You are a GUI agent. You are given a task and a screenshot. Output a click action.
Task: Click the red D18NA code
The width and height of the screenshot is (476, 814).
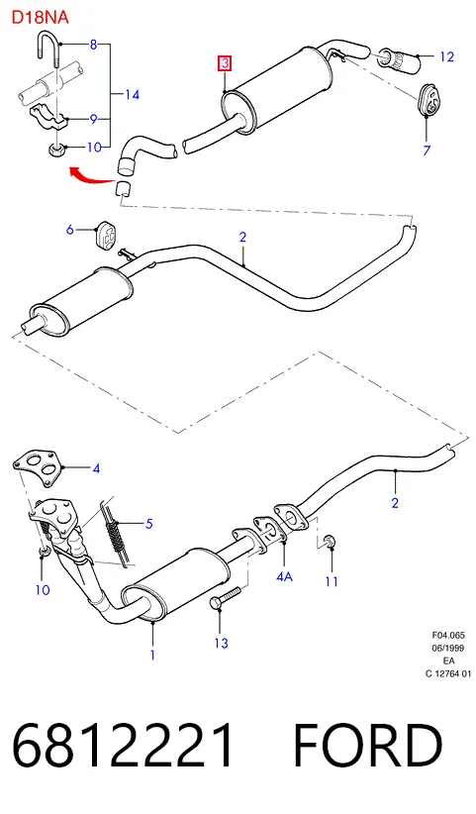click(x=40, y=17)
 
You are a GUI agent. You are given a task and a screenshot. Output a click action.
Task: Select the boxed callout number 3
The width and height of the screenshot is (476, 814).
click(x=225, y=63)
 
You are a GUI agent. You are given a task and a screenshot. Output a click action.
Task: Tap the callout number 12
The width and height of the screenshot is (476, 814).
click(x=446, y=56)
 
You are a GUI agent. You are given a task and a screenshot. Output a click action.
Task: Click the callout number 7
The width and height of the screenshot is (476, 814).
click(x=427, y=151)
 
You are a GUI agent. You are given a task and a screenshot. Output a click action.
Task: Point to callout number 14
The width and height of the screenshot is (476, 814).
click(x=133, y=94)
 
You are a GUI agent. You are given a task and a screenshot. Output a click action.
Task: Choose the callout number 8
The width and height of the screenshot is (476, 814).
click(x=93, y=45)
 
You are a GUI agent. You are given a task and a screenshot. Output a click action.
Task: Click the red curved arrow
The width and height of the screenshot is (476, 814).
click(x=92, y=175)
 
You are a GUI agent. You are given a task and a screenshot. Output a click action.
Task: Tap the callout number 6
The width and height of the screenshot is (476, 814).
click(x=70, y=229)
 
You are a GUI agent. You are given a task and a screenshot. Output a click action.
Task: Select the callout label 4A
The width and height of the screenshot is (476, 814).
click(x=284, y=575)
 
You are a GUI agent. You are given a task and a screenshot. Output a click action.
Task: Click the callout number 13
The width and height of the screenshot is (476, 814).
click(x=221, y=644)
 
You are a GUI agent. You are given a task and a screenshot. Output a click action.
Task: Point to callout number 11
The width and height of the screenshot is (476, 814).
click(x=332, y=581)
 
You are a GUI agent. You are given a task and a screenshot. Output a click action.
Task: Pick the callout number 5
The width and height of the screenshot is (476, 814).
click(x=148, y=523)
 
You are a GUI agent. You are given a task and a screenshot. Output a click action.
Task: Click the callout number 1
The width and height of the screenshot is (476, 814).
click(x=152, y=656)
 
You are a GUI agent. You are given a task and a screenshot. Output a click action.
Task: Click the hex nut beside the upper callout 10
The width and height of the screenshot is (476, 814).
click(x=55, y=149)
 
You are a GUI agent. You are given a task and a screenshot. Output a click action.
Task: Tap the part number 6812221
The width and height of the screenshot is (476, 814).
click(x=123, y=745)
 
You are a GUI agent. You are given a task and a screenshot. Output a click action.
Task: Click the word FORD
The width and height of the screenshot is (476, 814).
click(x=368, y=745)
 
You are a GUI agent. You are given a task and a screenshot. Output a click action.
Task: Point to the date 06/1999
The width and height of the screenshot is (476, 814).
click(x=448, y=648)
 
